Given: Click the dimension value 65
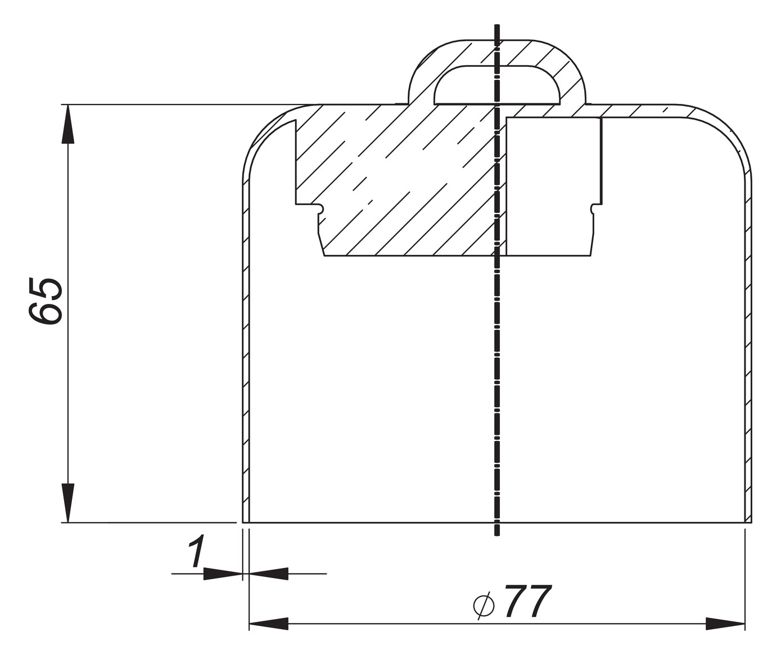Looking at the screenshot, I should [x=45, y=301].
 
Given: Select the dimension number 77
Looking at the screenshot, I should [x=527, y=602].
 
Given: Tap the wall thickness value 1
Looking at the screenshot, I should [x=195, y=552].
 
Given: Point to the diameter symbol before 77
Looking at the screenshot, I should [x=484, y=604].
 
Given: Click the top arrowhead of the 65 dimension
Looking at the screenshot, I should [x=67, y=124].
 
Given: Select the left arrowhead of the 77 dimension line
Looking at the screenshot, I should [x=268, y=624].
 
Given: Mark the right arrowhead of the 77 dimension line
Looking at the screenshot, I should [x=725, y=624].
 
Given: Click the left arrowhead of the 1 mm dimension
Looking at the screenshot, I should [x=223, y=574].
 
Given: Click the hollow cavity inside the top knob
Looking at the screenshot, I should [x=497, y=87].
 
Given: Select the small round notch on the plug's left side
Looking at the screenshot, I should [x=320, y=209].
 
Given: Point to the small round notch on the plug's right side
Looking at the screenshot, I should [x=594, y=209].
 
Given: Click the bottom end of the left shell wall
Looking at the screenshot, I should [x=246, y=520].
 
